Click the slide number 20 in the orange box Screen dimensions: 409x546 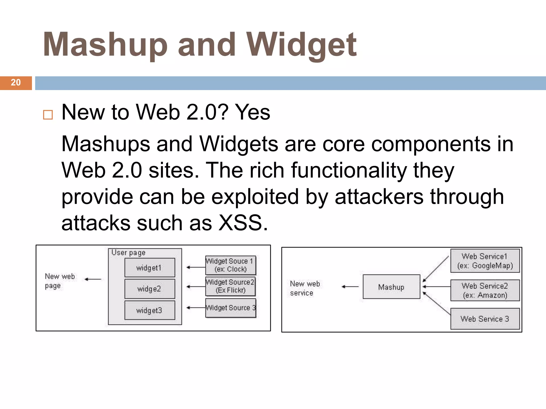[x=16, y=83]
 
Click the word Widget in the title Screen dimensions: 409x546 [x=301, y=45]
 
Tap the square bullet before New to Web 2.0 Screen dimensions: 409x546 [x=48, y=115]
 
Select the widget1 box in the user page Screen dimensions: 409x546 [x=150, y=268]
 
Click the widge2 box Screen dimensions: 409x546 [x=150, y=289]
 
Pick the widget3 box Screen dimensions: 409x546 [x=150, y=310]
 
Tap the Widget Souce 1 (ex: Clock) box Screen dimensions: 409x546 [x=230, y=265]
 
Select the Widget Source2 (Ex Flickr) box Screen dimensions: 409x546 [x=230, y=286]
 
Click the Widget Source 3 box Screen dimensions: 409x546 [x=230, y=308]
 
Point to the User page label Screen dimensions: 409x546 [x=128, y=252]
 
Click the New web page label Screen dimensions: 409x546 [x=59, y=281]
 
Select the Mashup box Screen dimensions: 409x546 [x=391, y=287]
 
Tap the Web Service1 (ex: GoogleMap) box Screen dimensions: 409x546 [x=485, y=261]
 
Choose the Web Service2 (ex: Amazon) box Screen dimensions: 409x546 [x=485, y=290]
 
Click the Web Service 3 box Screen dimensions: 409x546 [x=485, y=319]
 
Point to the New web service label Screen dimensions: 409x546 [x=305, y=288]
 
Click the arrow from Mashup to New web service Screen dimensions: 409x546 [x=350, y=287]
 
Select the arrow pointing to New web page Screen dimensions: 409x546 [x=93, y=279]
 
